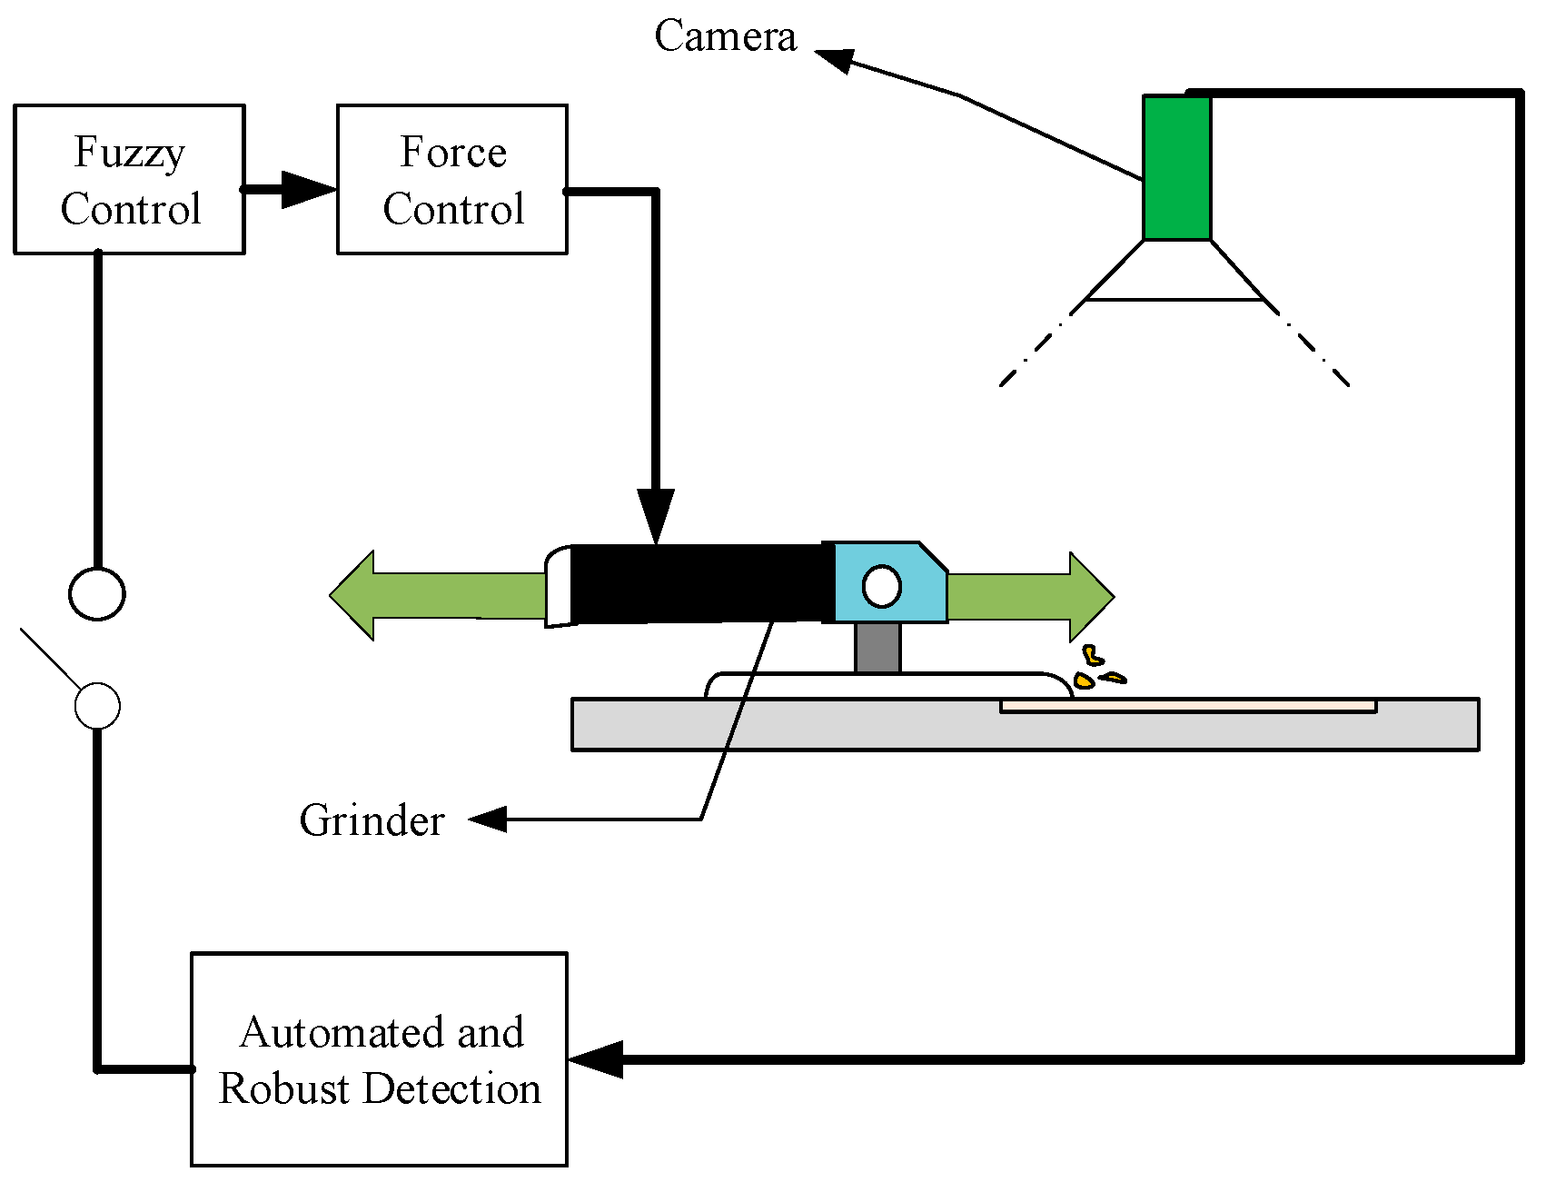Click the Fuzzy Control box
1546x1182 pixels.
[129, 179]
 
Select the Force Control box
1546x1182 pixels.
[452, 179]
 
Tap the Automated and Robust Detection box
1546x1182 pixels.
[379, 1059]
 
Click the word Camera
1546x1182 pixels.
[725, 36]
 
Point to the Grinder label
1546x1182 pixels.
[372, 820]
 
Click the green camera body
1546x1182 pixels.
[1177, 168]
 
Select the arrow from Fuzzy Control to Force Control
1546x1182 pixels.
[290, 190]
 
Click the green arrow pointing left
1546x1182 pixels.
[438, 595]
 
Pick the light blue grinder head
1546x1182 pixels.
[886, 582]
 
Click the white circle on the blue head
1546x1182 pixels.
[881, 586]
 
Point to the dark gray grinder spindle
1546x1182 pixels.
[877, 648]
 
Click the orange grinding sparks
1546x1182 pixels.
[1098, 668]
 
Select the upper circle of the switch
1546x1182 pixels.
[97, 594]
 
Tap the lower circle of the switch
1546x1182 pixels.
[97, 706]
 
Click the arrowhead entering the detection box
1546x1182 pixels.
[596, 1059]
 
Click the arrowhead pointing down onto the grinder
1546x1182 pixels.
[655, 517]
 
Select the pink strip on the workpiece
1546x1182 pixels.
[1188, 706]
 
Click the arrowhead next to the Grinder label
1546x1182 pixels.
[488, 819]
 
